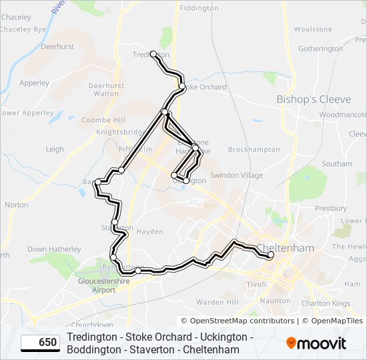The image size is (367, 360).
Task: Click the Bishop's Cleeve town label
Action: pyautogui.click(x=313, y=99)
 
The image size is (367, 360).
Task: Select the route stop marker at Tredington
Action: pyautogui.click(x=153, y=53)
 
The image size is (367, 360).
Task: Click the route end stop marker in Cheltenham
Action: pyautogui.click(x=271, y=255)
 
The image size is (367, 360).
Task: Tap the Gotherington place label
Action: pyautogui.click(x=320, y=49)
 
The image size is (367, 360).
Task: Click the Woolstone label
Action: pyautogui.click(x=313, y=29)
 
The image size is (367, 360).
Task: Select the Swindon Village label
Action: pyautogui.click(x=236, y=175)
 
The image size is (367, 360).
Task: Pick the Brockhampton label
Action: pyautogui.click(x=254, y=150)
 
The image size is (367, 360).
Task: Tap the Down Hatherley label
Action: pyautogui.click(x=54, y=249)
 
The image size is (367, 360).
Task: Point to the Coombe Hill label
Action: pyautogui.click(x=103, y=120)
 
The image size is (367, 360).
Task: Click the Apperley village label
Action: pyautogui.click(x=34, y=83)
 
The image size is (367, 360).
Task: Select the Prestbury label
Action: pyautogui.click(x=331, y=209)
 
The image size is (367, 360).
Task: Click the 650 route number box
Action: pyautogui.click(x=40, y=343)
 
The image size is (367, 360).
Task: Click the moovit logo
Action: pyautogui.click(x=316, y=343)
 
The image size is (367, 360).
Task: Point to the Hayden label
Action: pyautogui.click(x=149, y=232)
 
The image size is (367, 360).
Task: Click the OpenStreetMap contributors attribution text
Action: pyautogui.click(x=238, y=321)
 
